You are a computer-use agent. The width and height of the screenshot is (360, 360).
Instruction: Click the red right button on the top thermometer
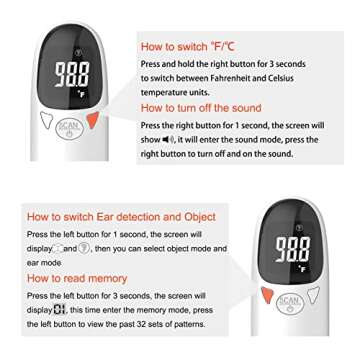pyautogui.click(x=93, y=121)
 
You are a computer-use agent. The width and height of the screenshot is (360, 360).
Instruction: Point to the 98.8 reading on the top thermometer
pyautogui.click(x=71, y=74)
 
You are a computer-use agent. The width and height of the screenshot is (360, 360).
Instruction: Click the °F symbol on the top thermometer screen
pyautogui.click(x=84, y=96)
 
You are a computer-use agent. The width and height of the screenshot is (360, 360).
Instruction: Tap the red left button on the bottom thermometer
pyautogui.click(x=267, y=295)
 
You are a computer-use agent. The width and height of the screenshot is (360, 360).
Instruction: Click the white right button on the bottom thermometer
pyautogui.click(x=313, y=295)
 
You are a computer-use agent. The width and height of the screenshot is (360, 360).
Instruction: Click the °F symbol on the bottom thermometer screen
pyautogui.click(x=303, y=269)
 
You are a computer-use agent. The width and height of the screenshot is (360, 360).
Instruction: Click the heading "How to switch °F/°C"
pyautogui.click(x=187, y=46)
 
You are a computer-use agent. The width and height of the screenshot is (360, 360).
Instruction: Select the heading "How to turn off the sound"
pyautogui.click(x=200, y=108)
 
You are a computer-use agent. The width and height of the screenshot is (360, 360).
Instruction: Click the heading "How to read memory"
pyautogui.click(x=77, y=279)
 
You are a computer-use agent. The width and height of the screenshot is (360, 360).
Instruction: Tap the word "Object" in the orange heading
pyautogui.click(x=200, y=217)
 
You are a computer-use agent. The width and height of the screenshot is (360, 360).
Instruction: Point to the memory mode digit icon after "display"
pyautogui.click(x=59, y=311)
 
